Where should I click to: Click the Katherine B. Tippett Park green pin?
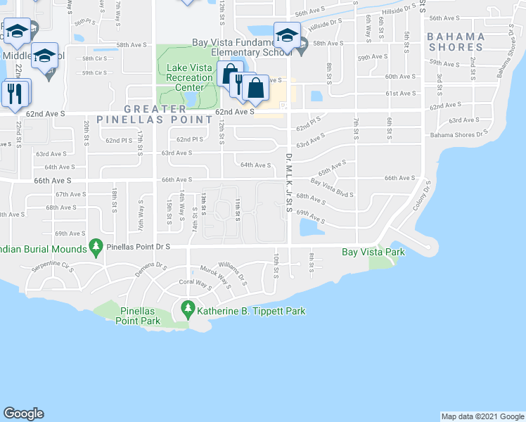(x=187, y=308)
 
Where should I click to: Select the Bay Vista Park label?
(x=373, y=252)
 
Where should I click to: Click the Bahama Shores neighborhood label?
(x=456, y=41)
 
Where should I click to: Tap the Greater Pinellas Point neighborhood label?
(x=168, y=114)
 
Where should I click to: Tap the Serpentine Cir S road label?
(x=53, y=267)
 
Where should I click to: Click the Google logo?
(x=25, y=413)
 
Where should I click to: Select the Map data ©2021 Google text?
(x=482, y=416)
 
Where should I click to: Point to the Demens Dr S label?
(x=152, y=269)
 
